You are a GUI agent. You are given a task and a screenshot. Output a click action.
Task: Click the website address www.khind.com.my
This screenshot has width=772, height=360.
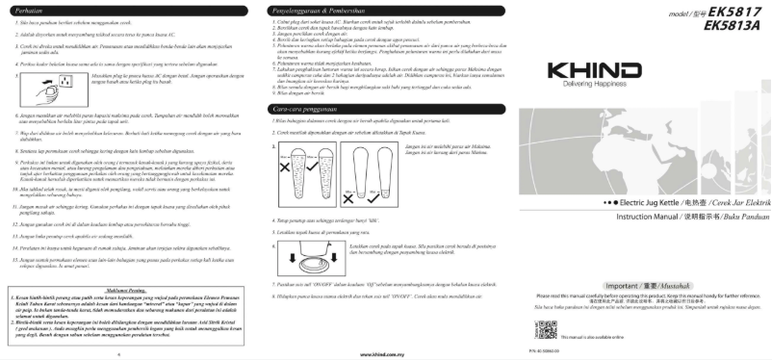[x=385, y=353]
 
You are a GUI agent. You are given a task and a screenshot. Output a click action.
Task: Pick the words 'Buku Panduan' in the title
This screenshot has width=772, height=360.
[x=745, y=218]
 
